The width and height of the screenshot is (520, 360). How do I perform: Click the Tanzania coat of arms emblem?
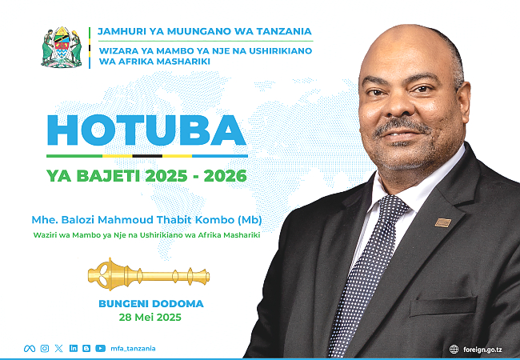coord(62,47)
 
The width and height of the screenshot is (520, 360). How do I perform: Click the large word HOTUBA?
coord(146,130)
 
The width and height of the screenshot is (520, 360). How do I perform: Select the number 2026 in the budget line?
coord(225,176)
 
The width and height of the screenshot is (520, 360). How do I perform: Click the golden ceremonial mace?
coord(149,275)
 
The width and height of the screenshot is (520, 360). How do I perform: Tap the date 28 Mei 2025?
coord(150,318)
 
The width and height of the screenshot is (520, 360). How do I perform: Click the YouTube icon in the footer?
coord(101,348)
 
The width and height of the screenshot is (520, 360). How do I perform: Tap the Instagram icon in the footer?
coord(45,348)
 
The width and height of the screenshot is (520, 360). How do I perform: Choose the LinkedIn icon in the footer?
coord(74,348)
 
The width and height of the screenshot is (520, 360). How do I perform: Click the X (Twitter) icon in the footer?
coord(58,348)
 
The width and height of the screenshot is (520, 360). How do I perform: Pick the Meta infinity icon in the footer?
coord(30,348)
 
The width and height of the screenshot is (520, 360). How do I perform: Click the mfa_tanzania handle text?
coord(133,348)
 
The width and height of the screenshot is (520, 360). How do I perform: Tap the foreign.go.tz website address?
coord(482,350)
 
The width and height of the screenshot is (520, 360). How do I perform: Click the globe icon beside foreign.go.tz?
coord(454,349)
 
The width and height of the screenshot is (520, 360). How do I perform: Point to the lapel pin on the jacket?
coord(443,222)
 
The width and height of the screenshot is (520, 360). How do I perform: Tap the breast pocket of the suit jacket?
coord(443,306)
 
